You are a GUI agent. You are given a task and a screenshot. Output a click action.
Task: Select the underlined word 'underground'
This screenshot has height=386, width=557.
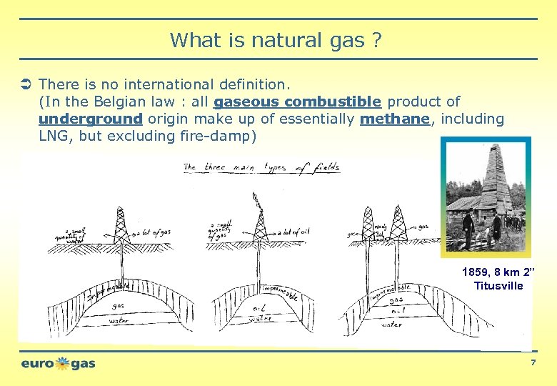click(91, 119)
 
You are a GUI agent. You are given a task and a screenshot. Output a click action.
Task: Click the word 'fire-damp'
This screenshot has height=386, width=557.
click(208, 136)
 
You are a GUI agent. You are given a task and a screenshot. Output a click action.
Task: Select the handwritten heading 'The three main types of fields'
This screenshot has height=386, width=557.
click(261, 168)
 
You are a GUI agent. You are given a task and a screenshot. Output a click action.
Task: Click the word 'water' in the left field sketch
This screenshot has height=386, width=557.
click(119, 320)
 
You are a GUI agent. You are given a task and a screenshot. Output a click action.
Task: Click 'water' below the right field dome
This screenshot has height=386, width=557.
click(391, 325)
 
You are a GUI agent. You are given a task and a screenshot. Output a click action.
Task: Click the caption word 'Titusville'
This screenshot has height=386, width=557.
click(498, 286)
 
